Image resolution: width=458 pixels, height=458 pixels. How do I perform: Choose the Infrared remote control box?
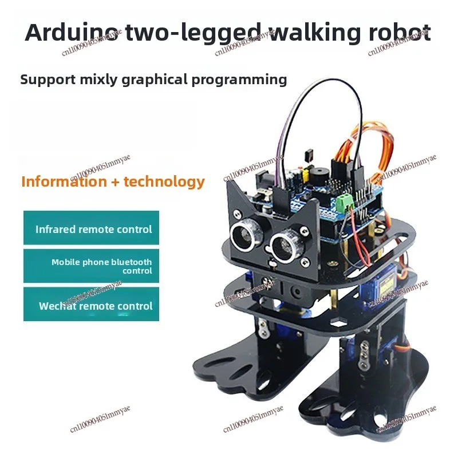pos(92,228)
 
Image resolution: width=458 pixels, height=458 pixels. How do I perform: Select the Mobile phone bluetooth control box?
pos(92,266)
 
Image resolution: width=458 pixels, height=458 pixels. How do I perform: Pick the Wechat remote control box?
pos(92,305)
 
